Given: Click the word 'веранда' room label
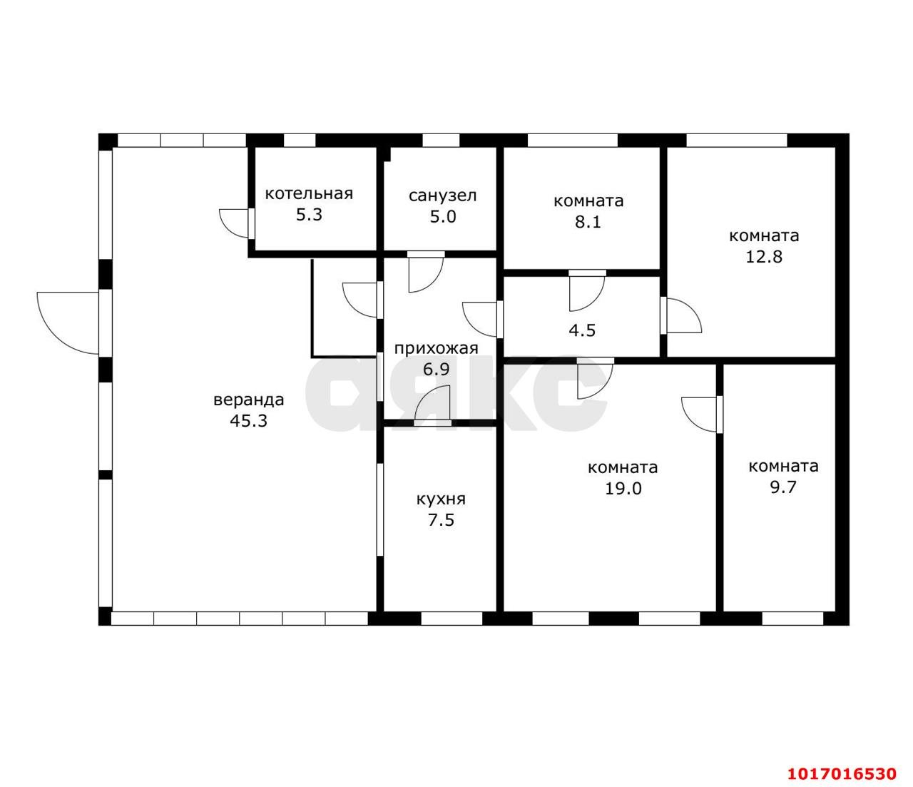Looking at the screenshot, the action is pyautogui.click(x=249, y=400).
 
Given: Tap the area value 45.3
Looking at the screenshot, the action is pyautogui.click(x=249, y=421).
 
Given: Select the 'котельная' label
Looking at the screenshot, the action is pyautogui.click(x=309, y=194).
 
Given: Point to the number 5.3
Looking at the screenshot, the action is pyautogui.click(x=309, y=215).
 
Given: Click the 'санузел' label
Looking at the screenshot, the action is pyautogui.click(x=442, y=196).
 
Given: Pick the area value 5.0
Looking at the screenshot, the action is pyautogui.click(x=443, y=216).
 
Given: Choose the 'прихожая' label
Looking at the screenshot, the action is pyautogui.click(x=437, y=349).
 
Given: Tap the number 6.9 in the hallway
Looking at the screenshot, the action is pyautogui.click(x=437, y=369).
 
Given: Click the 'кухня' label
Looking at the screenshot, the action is pyautogui.click(x=442, y=499).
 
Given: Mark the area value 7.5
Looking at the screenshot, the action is pyautogui.click(x=442, y=520).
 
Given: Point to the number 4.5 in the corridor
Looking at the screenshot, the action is pyautogui.click(x=582, y=330).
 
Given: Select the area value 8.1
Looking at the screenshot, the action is pyautogui.click(x=588, y=221).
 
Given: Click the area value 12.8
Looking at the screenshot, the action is pyautogui.click(x=764, y=256).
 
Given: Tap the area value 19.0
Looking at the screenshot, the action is pyautogui.click(x=623, y=488).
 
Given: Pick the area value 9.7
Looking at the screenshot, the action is pyautogui.click(x=783, y=487).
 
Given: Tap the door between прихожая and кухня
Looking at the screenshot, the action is pyautogui.click(x=433, y=402).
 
